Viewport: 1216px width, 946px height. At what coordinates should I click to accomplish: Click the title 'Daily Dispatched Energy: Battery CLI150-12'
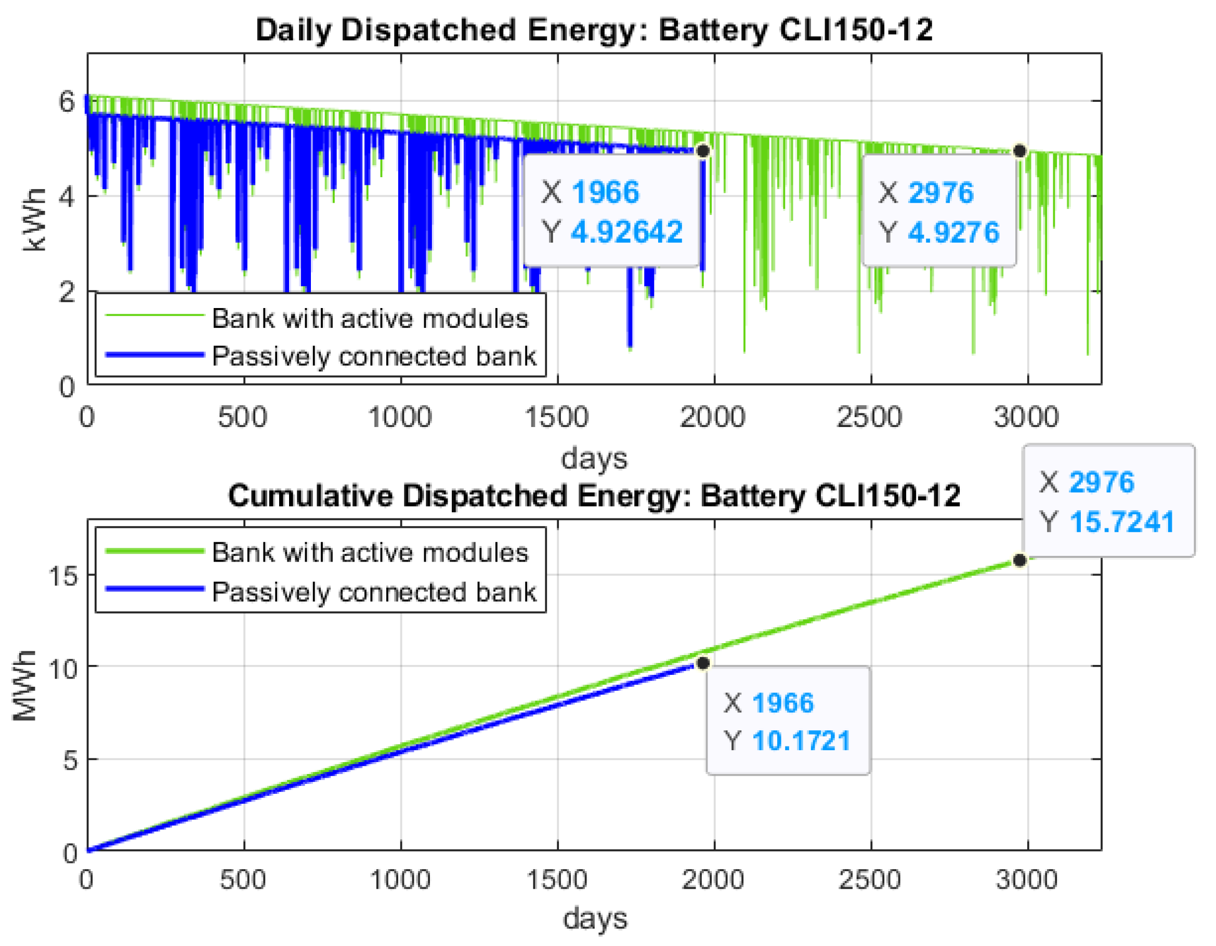[594, 30]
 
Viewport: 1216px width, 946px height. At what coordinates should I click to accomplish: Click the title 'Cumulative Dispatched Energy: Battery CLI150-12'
[594, 495]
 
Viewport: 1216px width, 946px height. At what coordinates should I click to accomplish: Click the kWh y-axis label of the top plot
[34, 220]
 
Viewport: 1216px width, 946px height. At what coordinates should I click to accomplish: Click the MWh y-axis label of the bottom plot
[24, 686]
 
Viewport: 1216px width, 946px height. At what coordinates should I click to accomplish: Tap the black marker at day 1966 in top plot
[703, 151]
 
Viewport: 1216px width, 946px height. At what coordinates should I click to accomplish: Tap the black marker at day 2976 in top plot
[1019, 151]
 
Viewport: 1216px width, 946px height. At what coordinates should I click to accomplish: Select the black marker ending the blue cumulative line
[703, 663]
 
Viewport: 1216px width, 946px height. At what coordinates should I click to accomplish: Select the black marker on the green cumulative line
[1019, 561]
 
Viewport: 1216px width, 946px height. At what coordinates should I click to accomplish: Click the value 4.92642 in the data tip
[626, 232]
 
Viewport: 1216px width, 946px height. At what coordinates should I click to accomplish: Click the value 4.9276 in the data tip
[953, 232]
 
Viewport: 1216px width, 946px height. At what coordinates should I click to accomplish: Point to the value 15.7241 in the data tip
[1121, 522]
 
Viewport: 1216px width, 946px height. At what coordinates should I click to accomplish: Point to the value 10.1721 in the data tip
[801, 741]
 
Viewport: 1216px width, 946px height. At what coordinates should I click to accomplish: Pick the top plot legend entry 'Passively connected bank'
[374, 356]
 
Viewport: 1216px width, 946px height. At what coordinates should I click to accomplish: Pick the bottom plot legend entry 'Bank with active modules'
[370, 553]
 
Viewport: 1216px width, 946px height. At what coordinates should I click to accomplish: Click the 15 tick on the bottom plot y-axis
[63, 575]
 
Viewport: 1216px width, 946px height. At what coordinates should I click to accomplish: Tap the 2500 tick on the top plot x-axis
[869, 417]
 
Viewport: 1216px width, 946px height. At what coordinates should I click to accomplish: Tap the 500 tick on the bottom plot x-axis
[243, 880]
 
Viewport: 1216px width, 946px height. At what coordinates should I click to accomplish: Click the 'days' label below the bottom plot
[595, 919]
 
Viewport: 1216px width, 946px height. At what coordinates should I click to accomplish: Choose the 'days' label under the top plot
[594, 459]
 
